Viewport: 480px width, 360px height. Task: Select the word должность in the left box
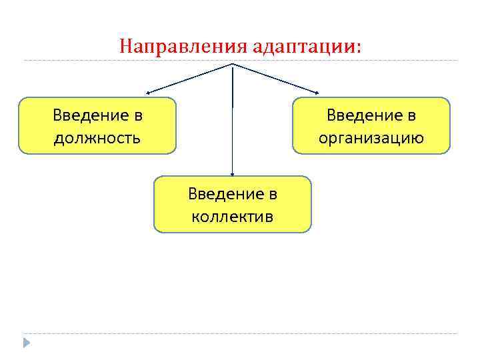click(x=97, y=138)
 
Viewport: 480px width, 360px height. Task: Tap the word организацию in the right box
click(x=371, y=138)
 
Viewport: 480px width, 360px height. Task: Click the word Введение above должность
click(x=89, y=115)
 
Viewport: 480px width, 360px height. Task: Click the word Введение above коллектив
click(x=223, y=194)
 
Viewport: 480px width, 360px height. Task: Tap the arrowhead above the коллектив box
click(x=232, y=173)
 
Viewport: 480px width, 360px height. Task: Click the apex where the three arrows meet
click(x=232, y=64)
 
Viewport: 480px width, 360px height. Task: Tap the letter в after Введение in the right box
click(x=411, y=116)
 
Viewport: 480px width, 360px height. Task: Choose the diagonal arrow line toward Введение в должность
click(x=190, y=78)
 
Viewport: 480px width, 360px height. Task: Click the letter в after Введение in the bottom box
click(x=272, y=195)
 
